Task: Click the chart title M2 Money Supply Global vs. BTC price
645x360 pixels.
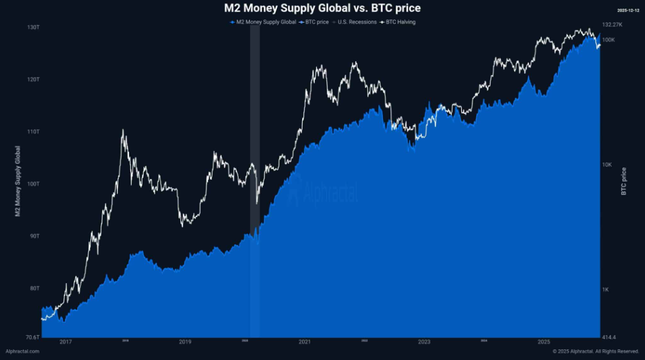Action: pos(322,8)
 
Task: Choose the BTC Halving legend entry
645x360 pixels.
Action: pos(400,22)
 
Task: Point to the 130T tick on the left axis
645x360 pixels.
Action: pos(33,27)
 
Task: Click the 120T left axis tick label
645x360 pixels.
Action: pos(33,79)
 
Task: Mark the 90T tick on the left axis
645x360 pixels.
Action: pos(33,236)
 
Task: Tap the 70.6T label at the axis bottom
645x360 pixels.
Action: pos(31,337)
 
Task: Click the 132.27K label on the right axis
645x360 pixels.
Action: pos(612,25)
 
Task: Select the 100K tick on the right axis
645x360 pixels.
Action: pos(608,40)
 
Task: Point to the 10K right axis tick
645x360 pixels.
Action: pos(607,164)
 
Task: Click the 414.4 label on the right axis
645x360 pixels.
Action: pos(609,337)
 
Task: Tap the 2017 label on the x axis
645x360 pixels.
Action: pos(66,342)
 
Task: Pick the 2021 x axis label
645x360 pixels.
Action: pos(304,342)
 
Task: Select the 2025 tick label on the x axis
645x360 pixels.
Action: pos(543,342)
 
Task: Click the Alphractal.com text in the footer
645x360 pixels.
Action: pos(22,351)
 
